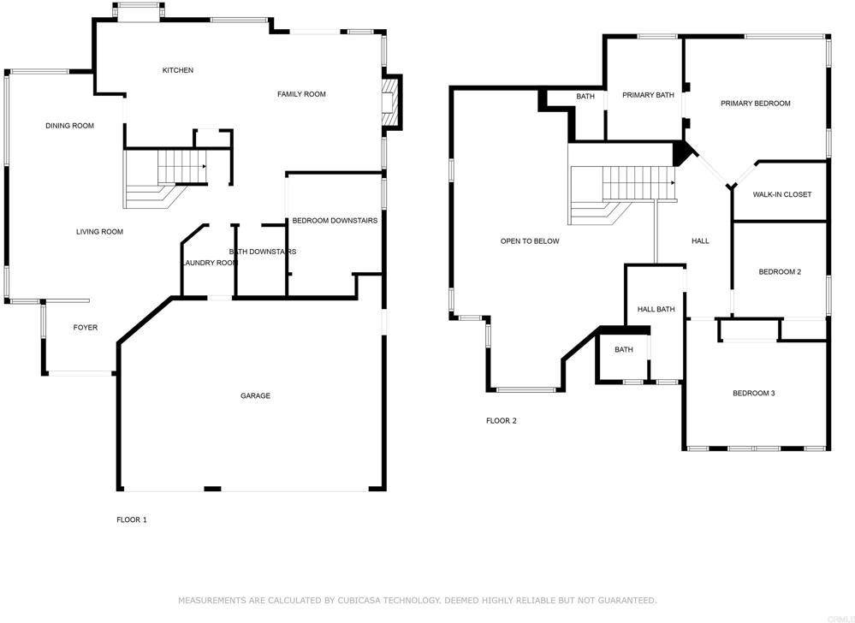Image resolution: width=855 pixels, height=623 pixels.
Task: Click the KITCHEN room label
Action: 178,70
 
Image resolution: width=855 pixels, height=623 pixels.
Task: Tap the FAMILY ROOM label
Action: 301,94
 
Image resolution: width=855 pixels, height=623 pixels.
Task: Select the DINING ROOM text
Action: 69,126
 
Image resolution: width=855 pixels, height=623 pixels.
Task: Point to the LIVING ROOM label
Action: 99,232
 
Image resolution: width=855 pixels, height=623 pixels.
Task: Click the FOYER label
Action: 85,328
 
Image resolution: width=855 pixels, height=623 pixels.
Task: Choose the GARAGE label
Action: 255,396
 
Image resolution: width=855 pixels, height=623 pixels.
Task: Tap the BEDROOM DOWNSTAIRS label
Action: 335,221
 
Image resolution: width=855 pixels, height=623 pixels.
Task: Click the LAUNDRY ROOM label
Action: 209,263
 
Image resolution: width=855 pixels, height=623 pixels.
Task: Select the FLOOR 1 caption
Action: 132,519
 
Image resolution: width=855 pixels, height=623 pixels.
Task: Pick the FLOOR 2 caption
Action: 502,421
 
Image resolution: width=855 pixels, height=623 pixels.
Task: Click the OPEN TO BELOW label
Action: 530,241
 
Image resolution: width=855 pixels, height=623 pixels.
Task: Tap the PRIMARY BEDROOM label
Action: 755,104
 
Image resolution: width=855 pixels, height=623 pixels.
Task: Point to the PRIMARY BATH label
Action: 648,95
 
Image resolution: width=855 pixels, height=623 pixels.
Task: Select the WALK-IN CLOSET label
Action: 781,194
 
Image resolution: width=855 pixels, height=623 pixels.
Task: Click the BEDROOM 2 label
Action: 780,272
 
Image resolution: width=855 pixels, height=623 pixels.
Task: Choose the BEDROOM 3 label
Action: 753,394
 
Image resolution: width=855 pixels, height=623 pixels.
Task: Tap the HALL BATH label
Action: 656,309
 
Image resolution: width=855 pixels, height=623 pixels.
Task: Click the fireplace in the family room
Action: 391,102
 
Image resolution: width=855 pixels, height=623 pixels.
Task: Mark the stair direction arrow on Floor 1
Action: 202,167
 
